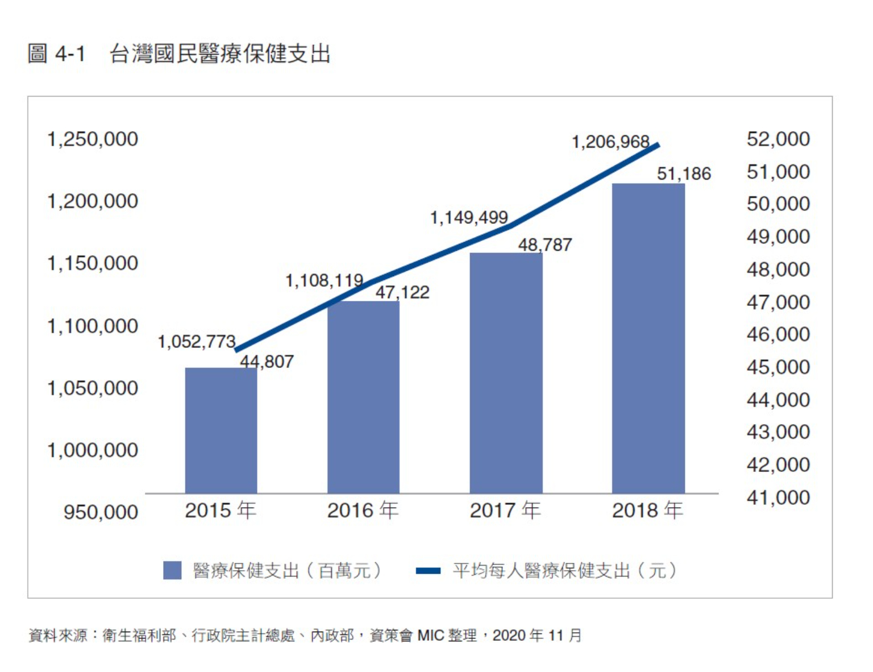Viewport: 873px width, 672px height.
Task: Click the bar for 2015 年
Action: pyautogui.click(x=221, y=430)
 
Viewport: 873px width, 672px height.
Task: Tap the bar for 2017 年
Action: pyautogui.click(x=506, y=373)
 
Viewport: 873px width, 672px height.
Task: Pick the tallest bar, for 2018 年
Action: pyautogui.click(x=648, y=338)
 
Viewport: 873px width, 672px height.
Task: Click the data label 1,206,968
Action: pyautogui.click(x=610, y=142)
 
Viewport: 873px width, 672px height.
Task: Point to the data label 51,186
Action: pyautogui.click(x=684, y=173)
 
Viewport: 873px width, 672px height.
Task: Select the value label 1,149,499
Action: pyautogui.click(x=468, y=217)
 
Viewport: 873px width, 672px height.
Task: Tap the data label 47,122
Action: pyautogui.click(x=402, y=292)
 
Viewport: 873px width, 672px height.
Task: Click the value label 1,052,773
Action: pyautogui.click(x=196, y=342)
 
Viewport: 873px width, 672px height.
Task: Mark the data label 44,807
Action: pyautogui.click(x=267, y=362)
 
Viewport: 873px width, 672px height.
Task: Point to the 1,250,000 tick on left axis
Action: pyautogui.click(x=93, y=139)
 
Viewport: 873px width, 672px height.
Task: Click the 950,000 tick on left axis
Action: pyautogui.click(x=101, y=512)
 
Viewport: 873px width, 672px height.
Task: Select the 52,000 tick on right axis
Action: pyautogui.click(x=778, y=139)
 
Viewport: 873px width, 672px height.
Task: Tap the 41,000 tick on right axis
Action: pyautogui.click(x=778, y=498)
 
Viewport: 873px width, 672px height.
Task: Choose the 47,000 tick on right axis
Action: pyautogui.click(x=778, y=302)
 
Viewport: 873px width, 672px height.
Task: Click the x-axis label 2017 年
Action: pyautogui.click(x=505, y=511)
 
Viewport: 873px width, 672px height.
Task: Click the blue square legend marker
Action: pyautogui.click(x=172, y=570)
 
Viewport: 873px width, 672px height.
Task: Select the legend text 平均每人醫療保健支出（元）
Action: pyautogui.click(x=564, y=570)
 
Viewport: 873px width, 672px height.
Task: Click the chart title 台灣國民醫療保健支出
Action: pyautogui.click(x=219, y=54)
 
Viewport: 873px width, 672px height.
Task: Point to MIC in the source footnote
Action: pyautogui.click(x=430, y=636)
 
